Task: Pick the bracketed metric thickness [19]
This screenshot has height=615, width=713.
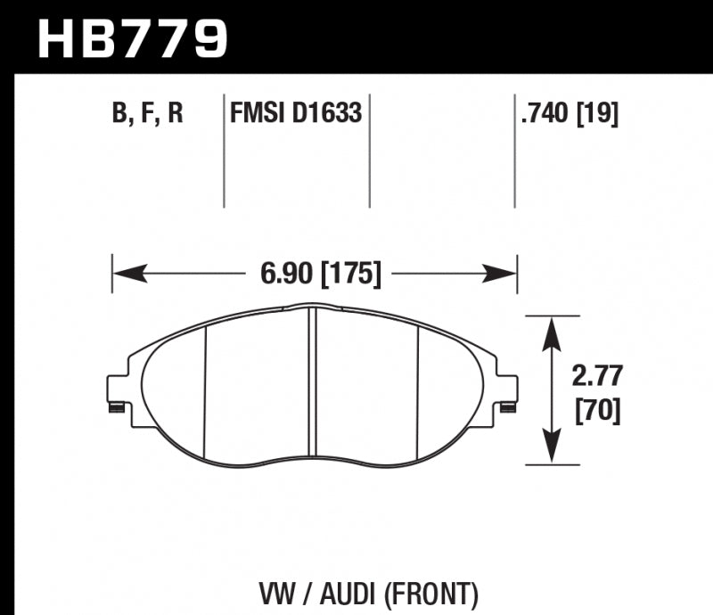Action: coord(599,114)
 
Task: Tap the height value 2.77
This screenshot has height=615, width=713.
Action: coord(592,376)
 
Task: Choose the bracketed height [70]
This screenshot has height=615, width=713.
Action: coord(592,411)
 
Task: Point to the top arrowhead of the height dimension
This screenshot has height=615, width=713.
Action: coord(553,329)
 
